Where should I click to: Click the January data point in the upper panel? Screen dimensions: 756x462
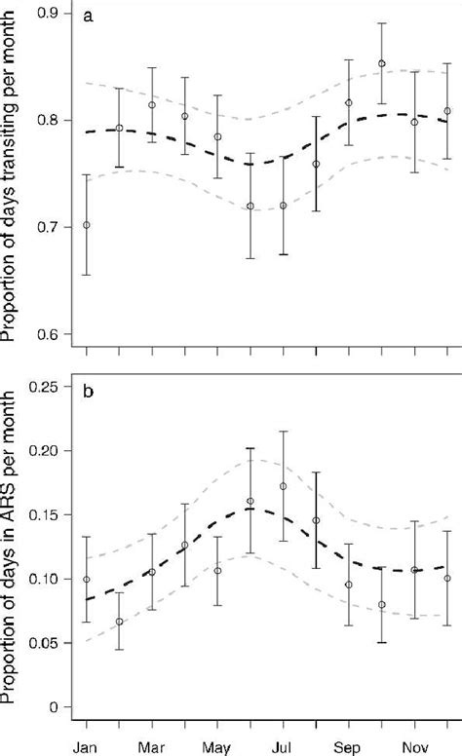coord(87,225)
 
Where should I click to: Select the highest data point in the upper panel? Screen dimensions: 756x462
coord(382,63)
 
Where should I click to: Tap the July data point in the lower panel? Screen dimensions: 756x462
coord(284,486)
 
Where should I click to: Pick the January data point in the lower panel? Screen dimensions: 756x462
coord(87,580)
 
